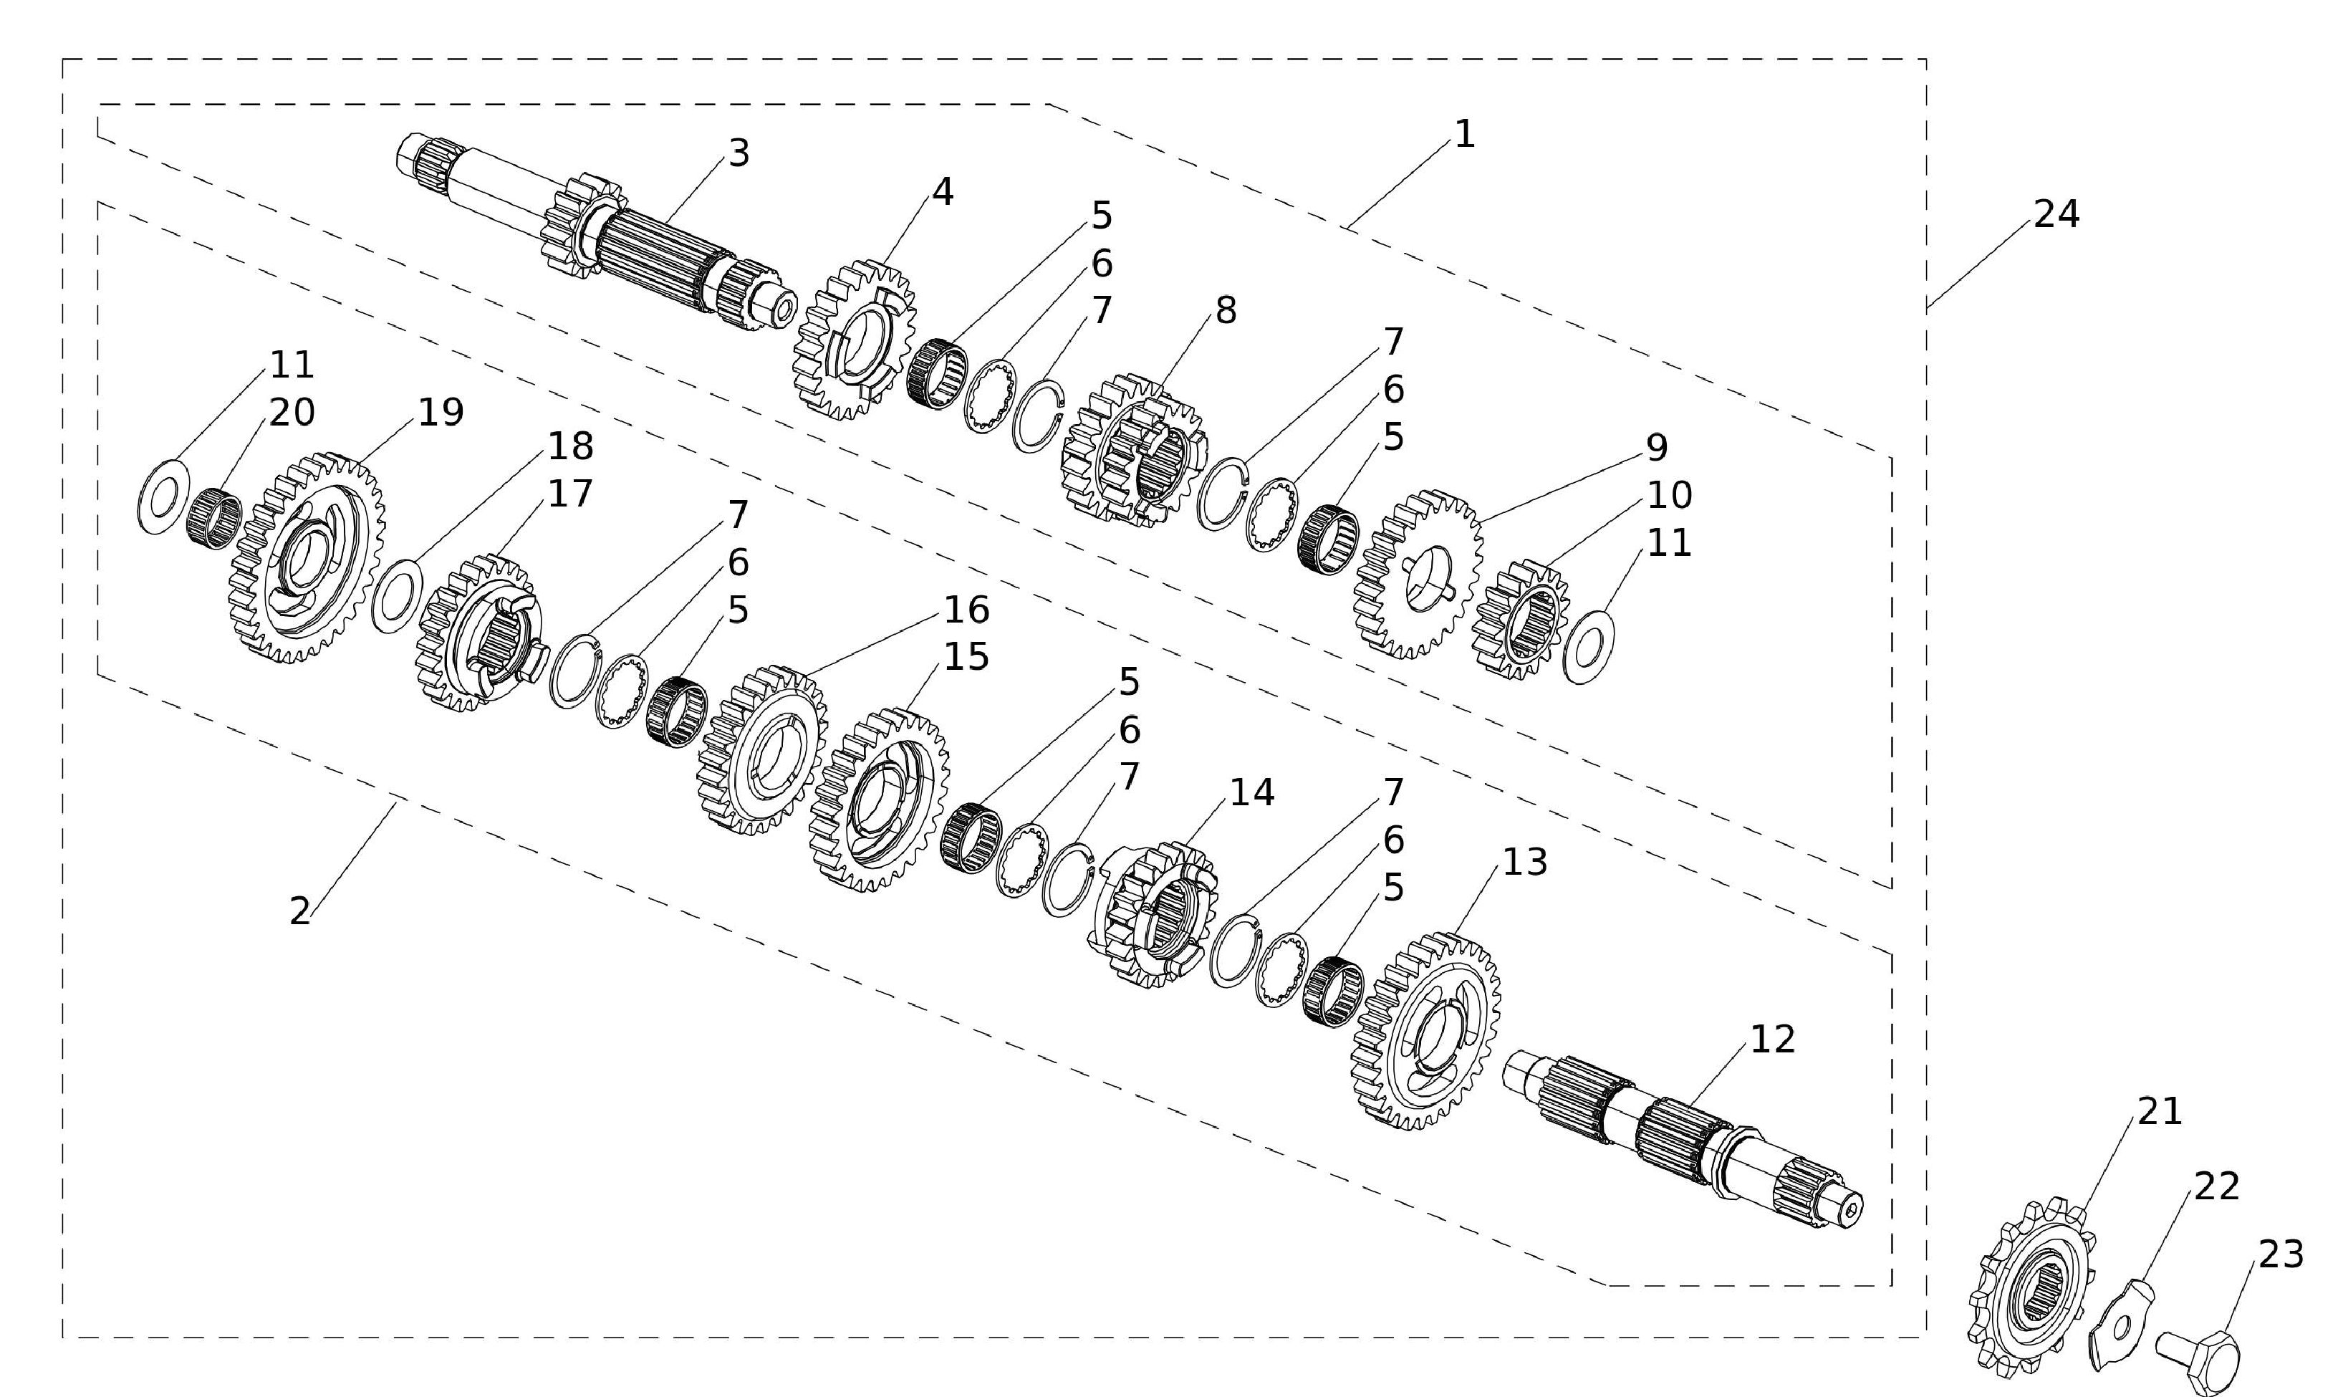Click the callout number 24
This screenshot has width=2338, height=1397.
coord(2056,215)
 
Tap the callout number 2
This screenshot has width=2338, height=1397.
coord(299,911)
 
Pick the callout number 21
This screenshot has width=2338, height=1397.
coord(2159,1112)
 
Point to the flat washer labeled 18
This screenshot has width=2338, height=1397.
coord(398,596)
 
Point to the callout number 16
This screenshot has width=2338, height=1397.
coord(966,610)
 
